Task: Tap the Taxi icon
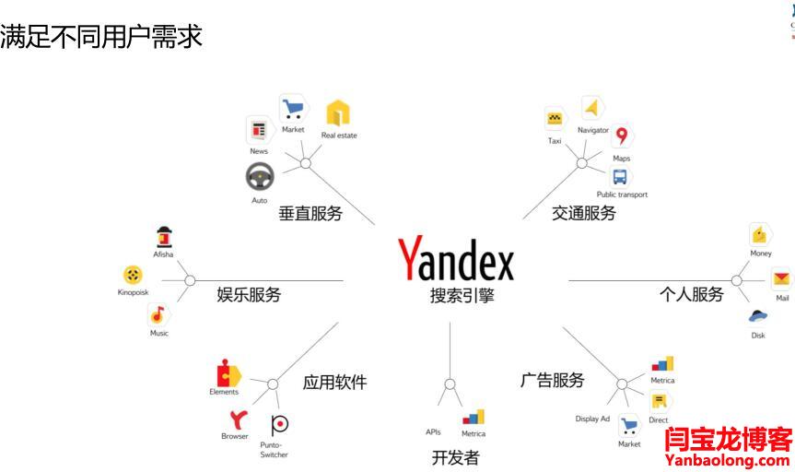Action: pyautogui.click(x=555, y=119)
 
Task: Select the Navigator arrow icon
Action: pyautogui.click(x=591, y=108)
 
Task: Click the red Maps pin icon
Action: pyautogui.click(x=622, y=136)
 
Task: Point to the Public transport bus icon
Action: pyautogui.click(x=621, y=175)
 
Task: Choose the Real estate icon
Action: pyautogui.click(x=338, y=113)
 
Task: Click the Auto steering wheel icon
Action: pyautogui.click(x=260, y=175)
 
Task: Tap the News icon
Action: pyautogui.click(x=259, y=130)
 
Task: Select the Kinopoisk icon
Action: pyautogui.click(x=133, y=275)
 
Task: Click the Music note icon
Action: pyautogui.click(x=158, y=314)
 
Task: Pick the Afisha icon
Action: pyautogui.click(x=164, y=236)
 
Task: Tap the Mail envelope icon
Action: pyautogui.click(x=781, y=277)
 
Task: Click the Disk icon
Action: pyautogui.click(x=758, y=316)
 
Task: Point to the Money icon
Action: pyautogui.click(x=760, y=234)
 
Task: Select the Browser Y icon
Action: pyautogui.click(x=238, y=419)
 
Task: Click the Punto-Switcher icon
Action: pyautogui.click(x=279, y=424)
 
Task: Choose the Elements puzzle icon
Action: pyautogui.click(x=227, y=374)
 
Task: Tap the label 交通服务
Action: pyautogui.click(x=584, y=214)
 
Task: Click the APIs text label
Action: pyautogui.click(x=433, y=431)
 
